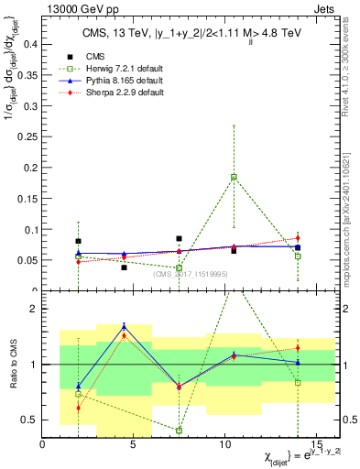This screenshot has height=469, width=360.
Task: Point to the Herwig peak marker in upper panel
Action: click(234, 177)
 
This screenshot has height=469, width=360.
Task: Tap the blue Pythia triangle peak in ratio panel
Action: click(124, 327)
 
